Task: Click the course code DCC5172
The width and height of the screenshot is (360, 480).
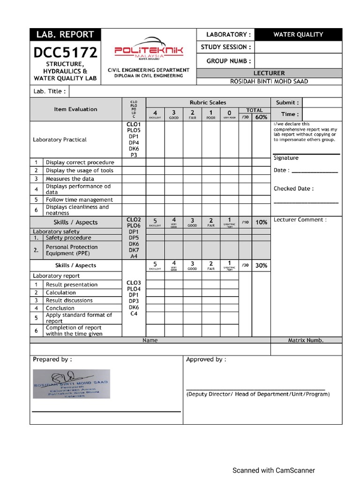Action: click(65, 52)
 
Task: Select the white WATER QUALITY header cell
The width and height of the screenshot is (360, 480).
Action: click(298, 34)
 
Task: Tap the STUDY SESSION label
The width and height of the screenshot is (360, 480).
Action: click(226, 47)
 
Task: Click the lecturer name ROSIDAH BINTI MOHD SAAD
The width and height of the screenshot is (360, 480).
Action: click(269, 82)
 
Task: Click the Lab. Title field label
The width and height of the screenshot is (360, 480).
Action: click(49, 91)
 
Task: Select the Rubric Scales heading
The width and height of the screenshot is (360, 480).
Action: click(208, 102)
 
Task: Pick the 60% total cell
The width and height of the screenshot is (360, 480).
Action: click(261, 117)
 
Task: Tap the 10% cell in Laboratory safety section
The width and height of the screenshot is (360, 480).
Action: click(261, 222)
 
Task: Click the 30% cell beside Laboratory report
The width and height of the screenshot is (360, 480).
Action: click(261, 265)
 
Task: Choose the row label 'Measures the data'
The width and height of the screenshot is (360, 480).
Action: click(70, 179)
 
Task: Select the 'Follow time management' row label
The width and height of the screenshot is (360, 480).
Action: click(79, 200)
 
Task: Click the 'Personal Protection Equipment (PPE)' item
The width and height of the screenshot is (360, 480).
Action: click(72, 250)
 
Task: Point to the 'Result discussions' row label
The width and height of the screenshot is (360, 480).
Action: click(69, 300)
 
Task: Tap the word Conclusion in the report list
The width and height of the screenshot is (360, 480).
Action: click(60, 308)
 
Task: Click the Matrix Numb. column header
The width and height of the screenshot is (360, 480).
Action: click(306, 340)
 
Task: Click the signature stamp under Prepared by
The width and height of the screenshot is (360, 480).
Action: click(71, 384)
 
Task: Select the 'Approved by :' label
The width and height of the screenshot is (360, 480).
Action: click(206, 360)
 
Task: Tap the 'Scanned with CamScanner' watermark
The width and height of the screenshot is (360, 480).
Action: click(274, 470)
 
